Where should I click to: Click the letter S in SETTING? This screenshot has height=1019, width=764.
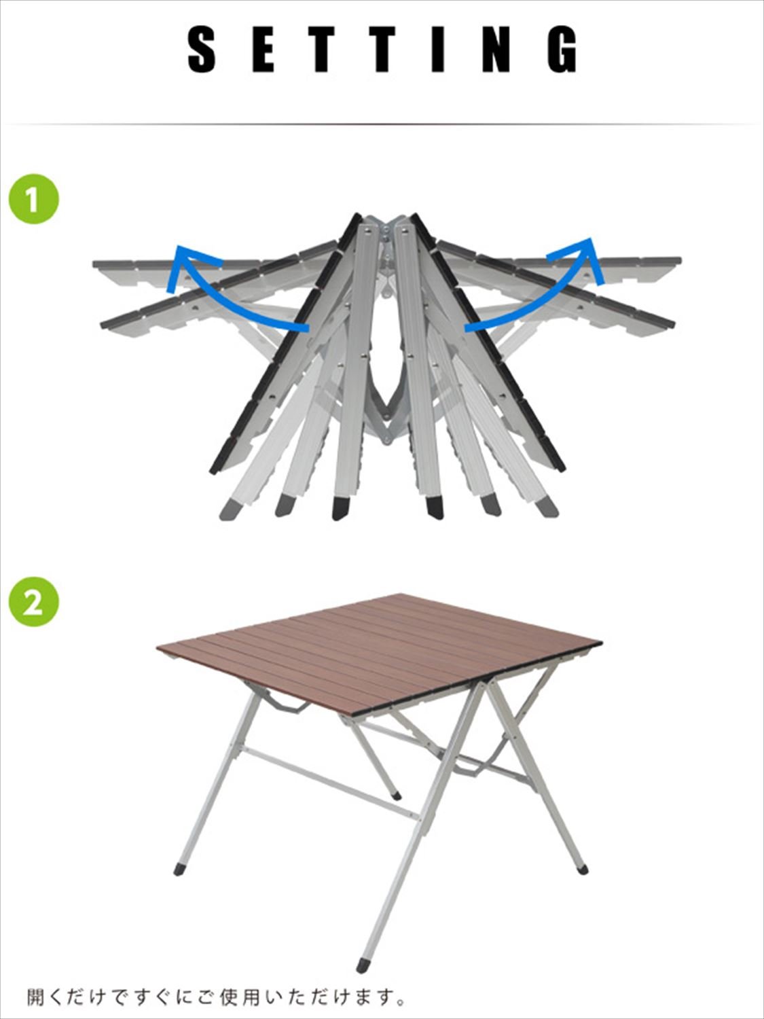coord(202,49)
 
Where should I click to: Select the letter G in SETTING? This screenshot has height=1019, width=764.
coord(562,49)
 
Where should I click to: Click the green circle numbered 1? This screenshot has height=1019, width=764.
coord(34,198)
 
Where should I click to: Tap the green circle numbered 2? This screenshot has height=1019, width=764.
coord(34,602)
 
